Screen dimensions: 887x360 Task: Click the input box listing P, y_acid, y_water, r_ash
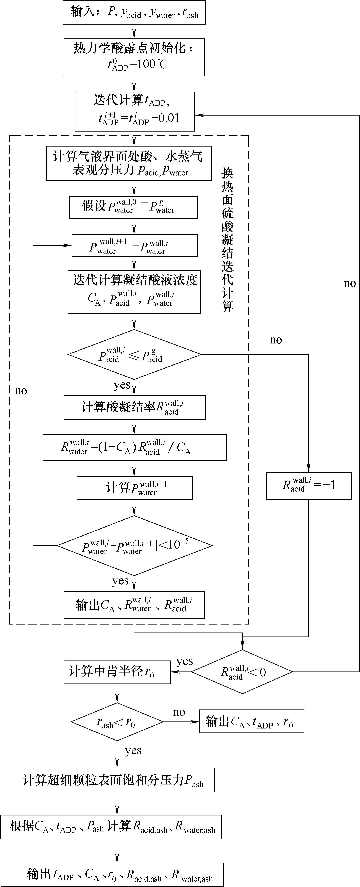[134, 12]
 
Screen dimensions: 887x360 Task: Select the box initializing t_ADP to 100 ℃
[134, 57]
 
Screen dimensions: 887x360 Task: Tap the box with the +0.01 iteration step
[134, 111]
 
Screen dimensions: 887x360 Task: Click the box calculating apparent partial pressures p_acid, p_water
[129, 163]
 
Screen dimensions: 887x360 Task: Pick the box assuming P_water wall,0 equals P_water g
[133, 207]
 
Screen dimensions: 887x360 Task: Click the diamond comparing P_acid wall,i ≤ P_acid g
[134, 354]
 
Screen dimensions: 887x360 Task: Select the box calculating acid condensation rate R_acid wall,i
[134, 407]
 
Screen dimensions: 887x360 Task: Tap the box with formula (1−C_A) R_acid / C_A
[134, 447]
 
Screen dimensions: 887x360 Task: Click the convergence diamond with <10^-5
[134, 545]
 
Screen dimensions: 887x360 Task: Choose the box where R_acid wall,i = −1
[309, 486]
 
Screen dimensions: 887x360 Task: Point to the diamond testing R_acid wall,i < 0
[242, 671]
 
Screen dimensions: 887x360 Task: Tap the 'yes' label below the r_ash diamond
[133, 750]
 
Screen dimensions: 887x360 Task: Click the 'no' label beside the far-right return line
[350, 283]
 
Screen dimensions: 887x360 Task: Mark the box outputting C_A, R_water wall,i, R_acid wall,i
[134, 605]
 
